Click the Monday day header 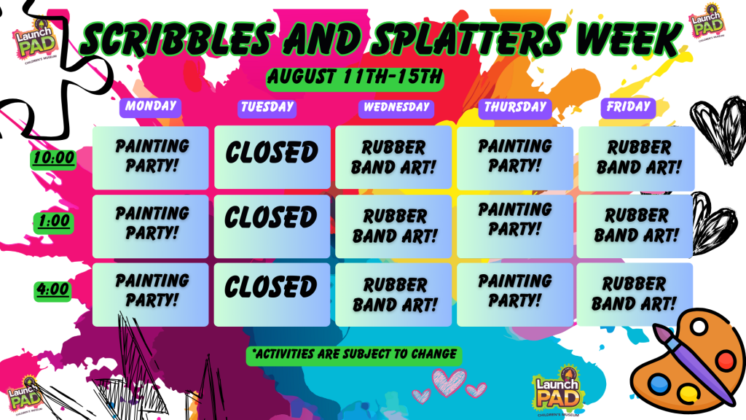click(150, 106)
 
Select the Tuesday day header click(267, 108)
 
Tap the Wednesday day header click(396, 108)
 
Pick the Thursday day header click(515, 108)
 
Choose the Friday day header click(628, 107)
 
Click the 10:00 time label click(54, 158)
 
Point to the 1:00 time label click(54, 222)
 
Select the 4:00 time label click(52, 290)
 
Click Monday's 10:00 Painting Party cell click(150, 157)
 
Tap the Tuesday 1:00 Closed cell click(272, 226)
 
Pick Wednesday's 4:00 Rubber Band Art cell click(393, 295)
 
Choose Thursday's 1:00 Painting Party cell click(515, 226)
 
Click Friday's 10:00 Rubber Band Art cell click(637, 157)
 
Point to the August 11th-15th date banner click(355, 78)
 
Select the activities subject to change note click(354, 355)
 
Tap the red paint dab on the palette click(725, 359)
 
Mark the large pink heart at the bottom click(449, 382)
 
